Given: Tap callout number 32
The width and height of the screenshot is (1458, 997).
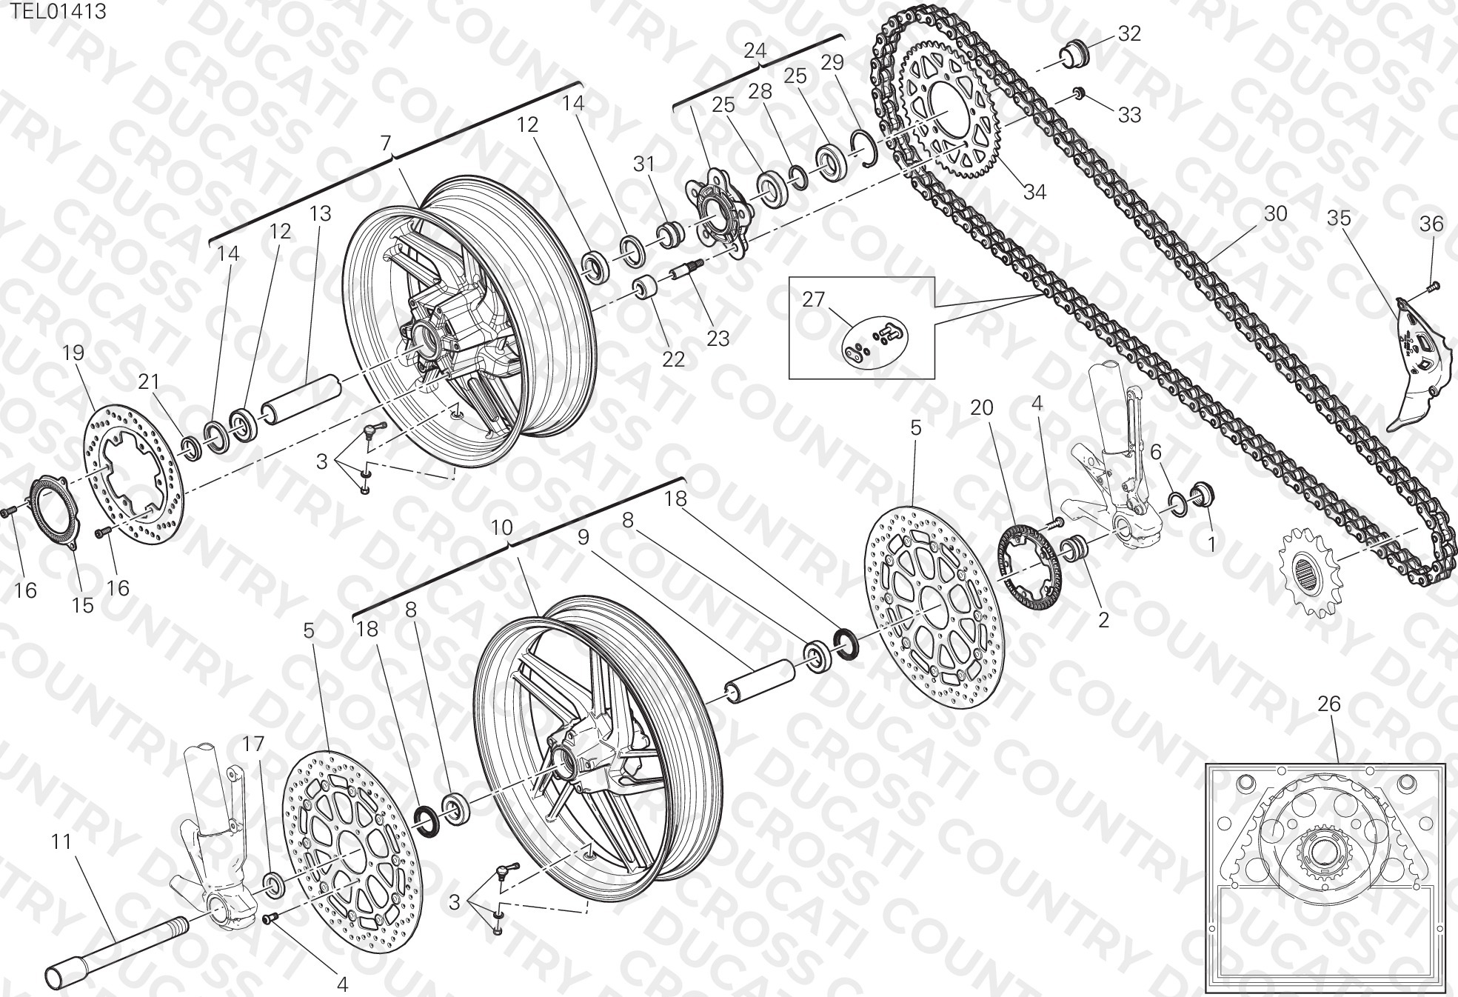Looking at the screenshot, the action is (1129, 33).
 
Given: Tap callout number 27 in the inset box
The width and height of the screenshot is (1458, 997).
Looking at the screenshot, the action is (813, 299).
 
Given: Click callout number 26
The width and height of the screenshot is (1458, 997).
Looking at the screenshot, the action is (1329, 704).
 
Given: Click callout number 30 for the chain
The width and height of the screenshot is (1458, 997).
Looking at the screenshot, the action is (1275, 213).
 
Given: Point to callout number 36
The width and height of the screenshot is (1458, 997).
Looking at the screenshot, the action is (1431, 223).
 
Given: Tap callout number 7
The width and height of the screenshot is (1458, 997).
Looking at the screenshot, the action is (385, 143).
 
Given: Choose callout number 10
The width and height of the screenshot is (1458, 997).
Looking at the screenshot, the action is (501, 527).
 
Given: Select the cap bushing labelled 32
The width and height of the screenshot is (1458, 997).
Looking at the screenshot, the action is (1074, 54).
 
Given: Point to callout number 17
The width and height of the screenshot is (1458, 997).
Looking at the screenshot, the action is (253, 744).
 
